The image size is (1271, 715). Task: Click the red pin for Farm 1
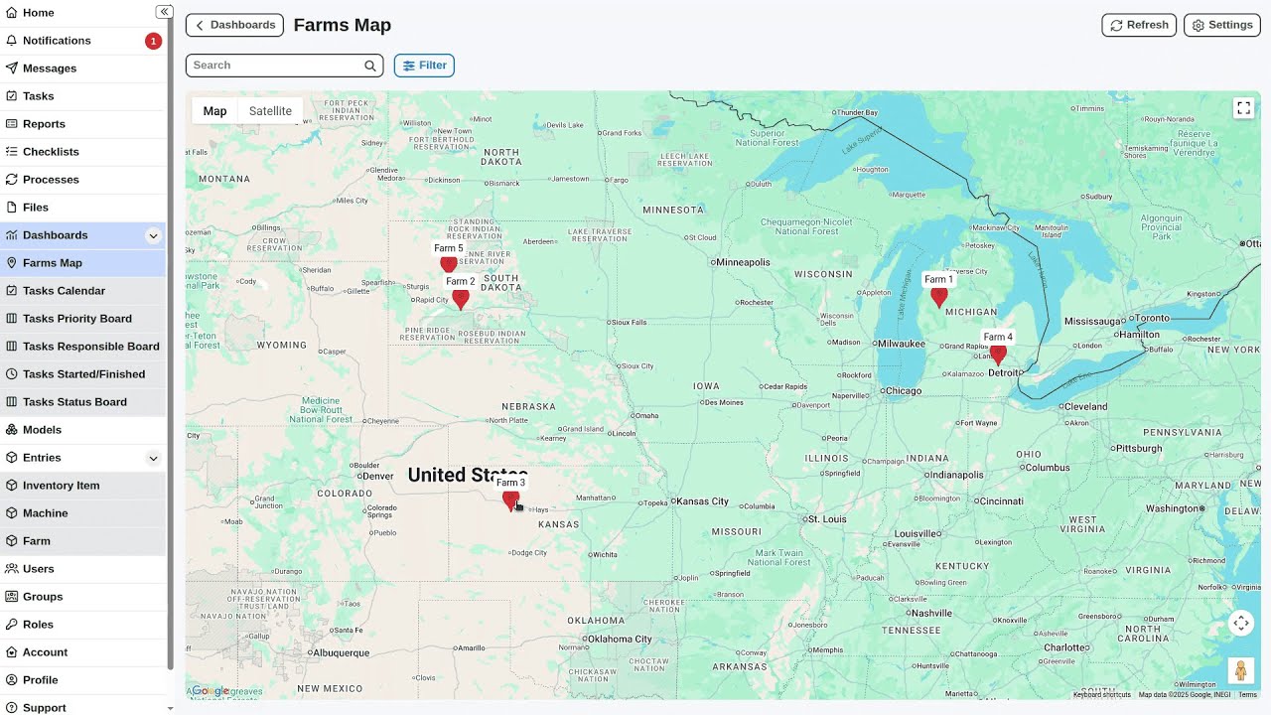tap(938, 296)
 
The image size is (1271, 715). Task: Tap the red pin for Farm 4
tap(998, 354)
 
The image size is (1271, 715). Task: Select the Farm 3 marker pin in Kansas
tap(510, 500)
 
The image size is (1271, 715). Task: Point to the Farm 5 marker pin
tap(449, 264)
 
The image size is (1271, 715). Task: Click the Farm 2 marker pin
tap(460, 298)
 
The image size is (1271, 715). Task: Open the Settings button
tap(1221, 25)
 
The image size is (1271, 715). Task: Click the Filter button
tap(424, 66)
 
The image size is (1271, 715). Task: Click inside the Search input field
tap(276, 66)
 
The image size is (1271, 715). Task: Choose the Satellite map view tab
tap(270, 111)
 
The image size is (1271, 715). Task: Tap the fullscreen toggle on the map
tap(1243, 108)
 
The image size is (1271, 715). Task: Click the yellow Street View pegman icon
tap(1240, 670)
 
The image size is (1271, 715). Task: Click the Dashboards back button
tap(234, 25)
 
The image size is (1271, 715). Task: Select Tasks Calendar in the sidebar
tap(64, 291)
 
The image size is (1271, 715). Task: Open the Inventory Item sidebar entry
tap(61, 486)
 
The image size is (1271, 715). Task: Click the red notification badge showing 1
tap(153, 41)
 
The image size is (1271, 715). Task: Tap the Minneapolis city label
tap(743, 262)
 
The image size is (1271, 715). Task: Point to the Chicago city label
tap(903, 391)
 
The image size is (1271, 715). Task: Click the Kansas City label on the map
tap(702, 501)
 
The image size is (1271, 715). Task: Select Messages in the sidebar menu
tap(50, 69)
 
